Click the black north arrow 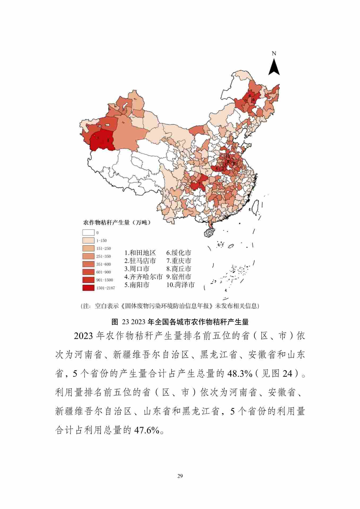click(274, 67)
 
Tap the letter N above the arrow click(274, 54)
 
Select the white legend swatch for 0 click(88, 232)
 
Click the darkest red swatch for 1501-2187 click(88, 288)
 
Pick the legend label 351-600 click(103, 264)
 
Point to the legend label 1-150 click(101, 241)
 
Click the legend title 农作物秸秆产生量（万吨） click(117, 223)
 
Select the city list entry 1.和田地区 click(140, 253)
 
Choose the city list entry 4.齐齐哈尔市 click(143, 277)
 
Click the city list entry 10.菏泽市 click(180, 285)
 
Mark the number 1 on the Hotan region click(108, 140)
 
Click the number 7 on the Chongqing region click(199, 183)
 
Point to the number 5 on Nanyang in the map click(217, 168)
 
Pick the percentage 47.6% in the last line click(146, 430)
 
